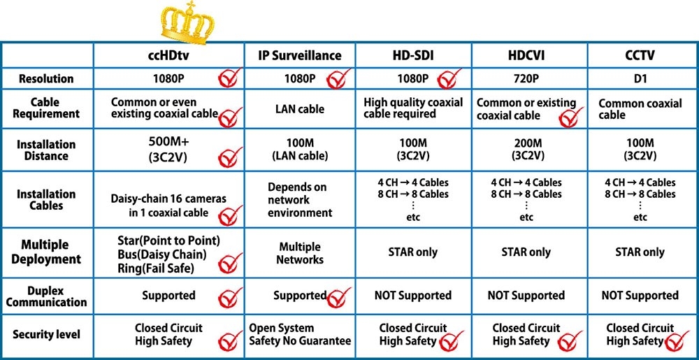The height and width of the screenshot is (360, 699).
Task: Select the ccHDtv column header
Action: click(168, 55)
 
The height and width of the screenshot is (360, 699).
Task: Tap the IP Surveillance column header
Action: click(299, 55)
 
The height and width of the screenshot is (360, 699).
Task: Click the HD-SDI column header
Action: click(413, 55)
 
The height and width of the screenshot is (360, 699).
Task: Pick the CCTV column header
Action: click(640, 55)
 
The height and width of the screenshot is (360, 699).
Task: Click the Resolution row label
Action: click(46, 79)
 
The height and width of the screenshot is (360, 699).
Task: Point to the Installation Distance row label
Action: click(46, 150)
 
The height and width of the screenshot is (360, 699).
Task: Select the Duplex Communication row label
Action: click(46, 296)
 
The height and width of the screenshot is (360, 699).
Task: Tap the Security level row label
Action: click(46, 334)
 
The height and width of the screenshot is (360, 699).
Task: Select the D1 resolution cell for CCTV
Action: click(640, 79)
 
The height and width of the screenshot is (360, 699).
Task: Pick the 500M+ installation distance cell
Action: click(168, 149)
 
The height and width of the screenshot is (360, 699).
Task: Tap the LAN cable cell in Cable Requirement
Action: click(299, 109)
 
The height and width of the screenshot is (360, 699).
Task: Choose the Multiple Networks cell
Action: click(299, 253)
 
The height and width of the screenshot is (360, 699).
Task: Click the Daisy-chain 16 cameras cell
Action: click(168, 206)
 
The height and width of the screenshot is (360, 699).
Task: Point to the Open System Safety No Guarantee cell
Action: click(299, 334)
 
